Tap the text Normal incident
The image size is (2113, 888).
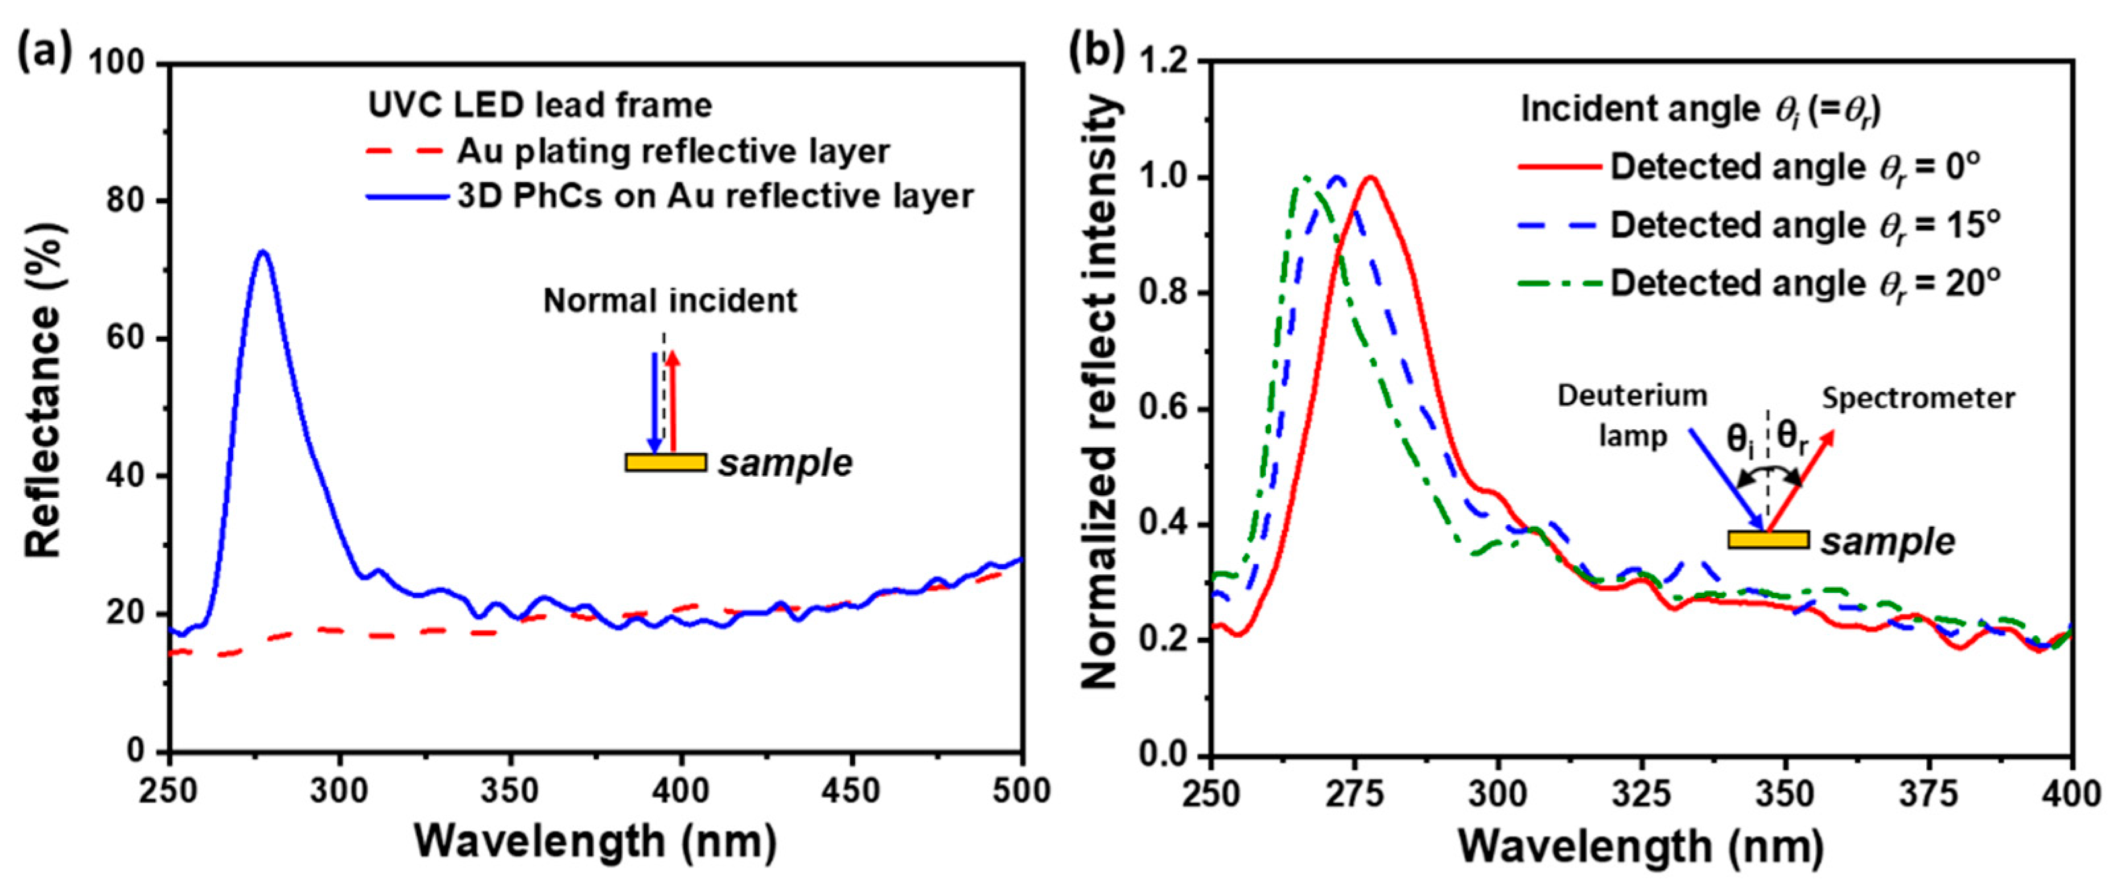(x=670, y=301)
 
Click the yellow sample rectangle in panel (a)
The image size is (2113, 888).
(x=665, y=462)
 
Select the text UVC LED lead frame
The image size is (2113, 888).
(x=539, y=105)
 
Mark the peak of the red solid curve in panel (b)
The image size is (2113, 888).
(x=1369, y=177)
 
